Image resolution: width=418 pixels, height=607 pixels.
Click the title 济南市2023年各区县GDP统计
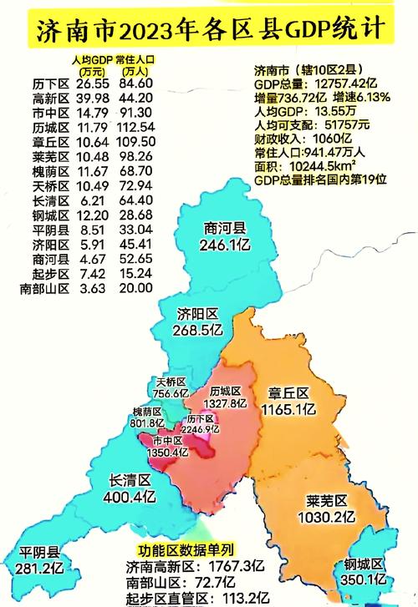click(x=209, y=31)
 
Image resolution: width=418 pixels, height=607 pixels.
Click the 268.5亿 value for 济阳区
click(x=198, y=330)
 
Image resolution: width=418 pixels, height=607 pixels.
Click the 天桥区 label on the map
click(x=171, y=382)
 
